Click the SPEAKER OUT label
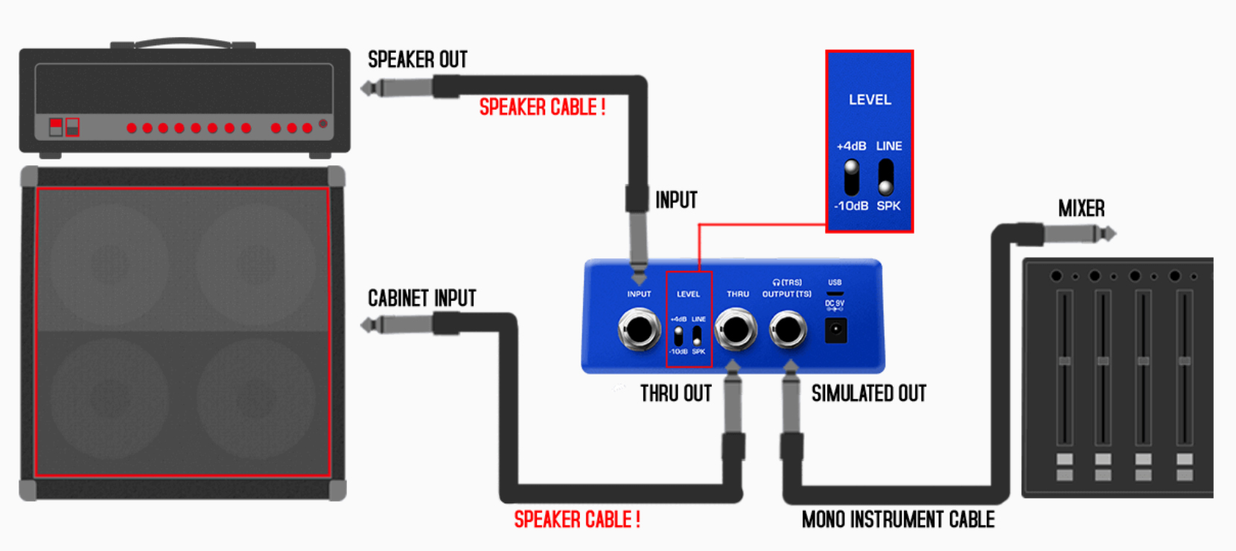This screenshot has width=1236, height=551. tap(418, 60)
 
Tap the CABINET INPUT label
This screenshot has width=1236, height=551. tap(421, 299)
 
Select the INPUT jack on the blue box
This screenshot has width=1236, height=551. tap(639, 331)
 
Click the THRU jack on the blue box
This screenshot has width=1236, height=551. tap(736, 330)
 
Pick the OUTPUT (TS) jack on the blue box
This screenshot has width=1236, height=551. tap(787, 330)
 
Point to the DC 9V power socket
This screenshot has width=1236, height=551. tap(835, 330)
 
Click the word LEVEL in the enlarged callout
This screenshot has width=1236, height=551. tap(870, 100)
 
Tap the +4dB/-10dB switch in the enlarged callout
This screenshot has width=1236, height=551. tap(851, 176)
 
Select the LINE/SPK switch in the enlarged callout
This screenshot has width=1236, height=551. tap(885, 176)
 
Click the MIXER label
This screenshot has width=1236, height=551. tap(1081, 209)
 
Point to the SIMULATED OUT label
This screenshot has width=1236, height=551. tap(868, 394)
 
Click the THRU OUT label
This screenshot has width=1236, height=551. tap(675, 394)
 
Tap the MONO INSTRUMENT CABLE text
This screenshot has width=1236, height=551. tap(898, 520)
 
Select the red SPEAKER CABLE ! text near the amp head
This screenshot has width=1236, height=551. tap(542, 108)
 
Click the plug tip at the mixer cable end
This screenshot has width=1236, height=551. tap(1109, 234)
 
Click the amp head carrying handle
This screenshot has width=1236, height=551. tap(182, 42)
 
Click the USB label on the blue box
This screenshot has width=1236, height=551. tap(835, 283)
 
